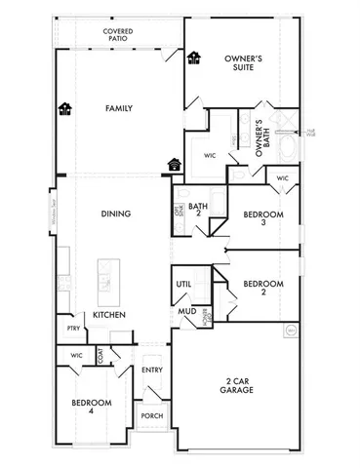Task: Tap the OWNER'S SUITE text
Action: tap(243, 65)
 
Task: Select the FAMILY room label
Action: tap(118, 108)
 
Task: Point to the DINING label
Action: tap(116, 214)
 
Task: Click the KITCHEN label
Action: tap(107, 315)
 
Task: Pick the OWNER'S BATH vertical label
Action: tap(260, 136)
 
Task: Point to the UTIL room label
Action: tap(183, 284)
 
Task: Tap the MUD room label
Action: tap(184, 312)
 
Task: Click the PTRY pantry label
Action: tap(73, 329)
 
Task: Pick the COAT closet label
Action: tap(100, 357)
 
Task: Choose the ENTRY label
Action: tap(151, 370)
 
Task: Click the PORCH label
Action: tap(151, 415)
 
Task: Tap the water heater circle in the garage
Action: tap(291, 331)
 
